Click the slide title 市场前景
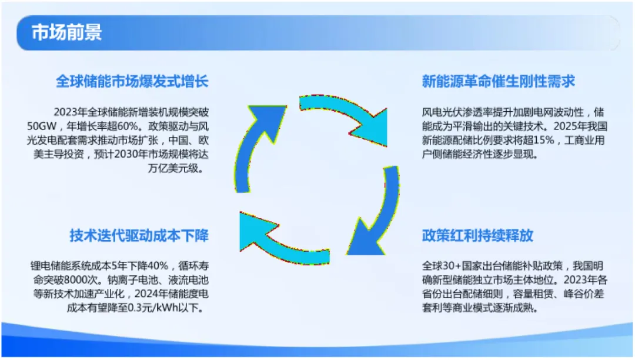66,32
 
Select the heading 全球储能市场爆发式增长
132,81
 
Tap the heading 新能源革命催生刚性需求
498,81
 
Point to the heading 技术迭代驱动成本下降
139,236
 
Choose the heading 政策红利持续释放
477,236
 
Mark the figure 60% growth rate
127,126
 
